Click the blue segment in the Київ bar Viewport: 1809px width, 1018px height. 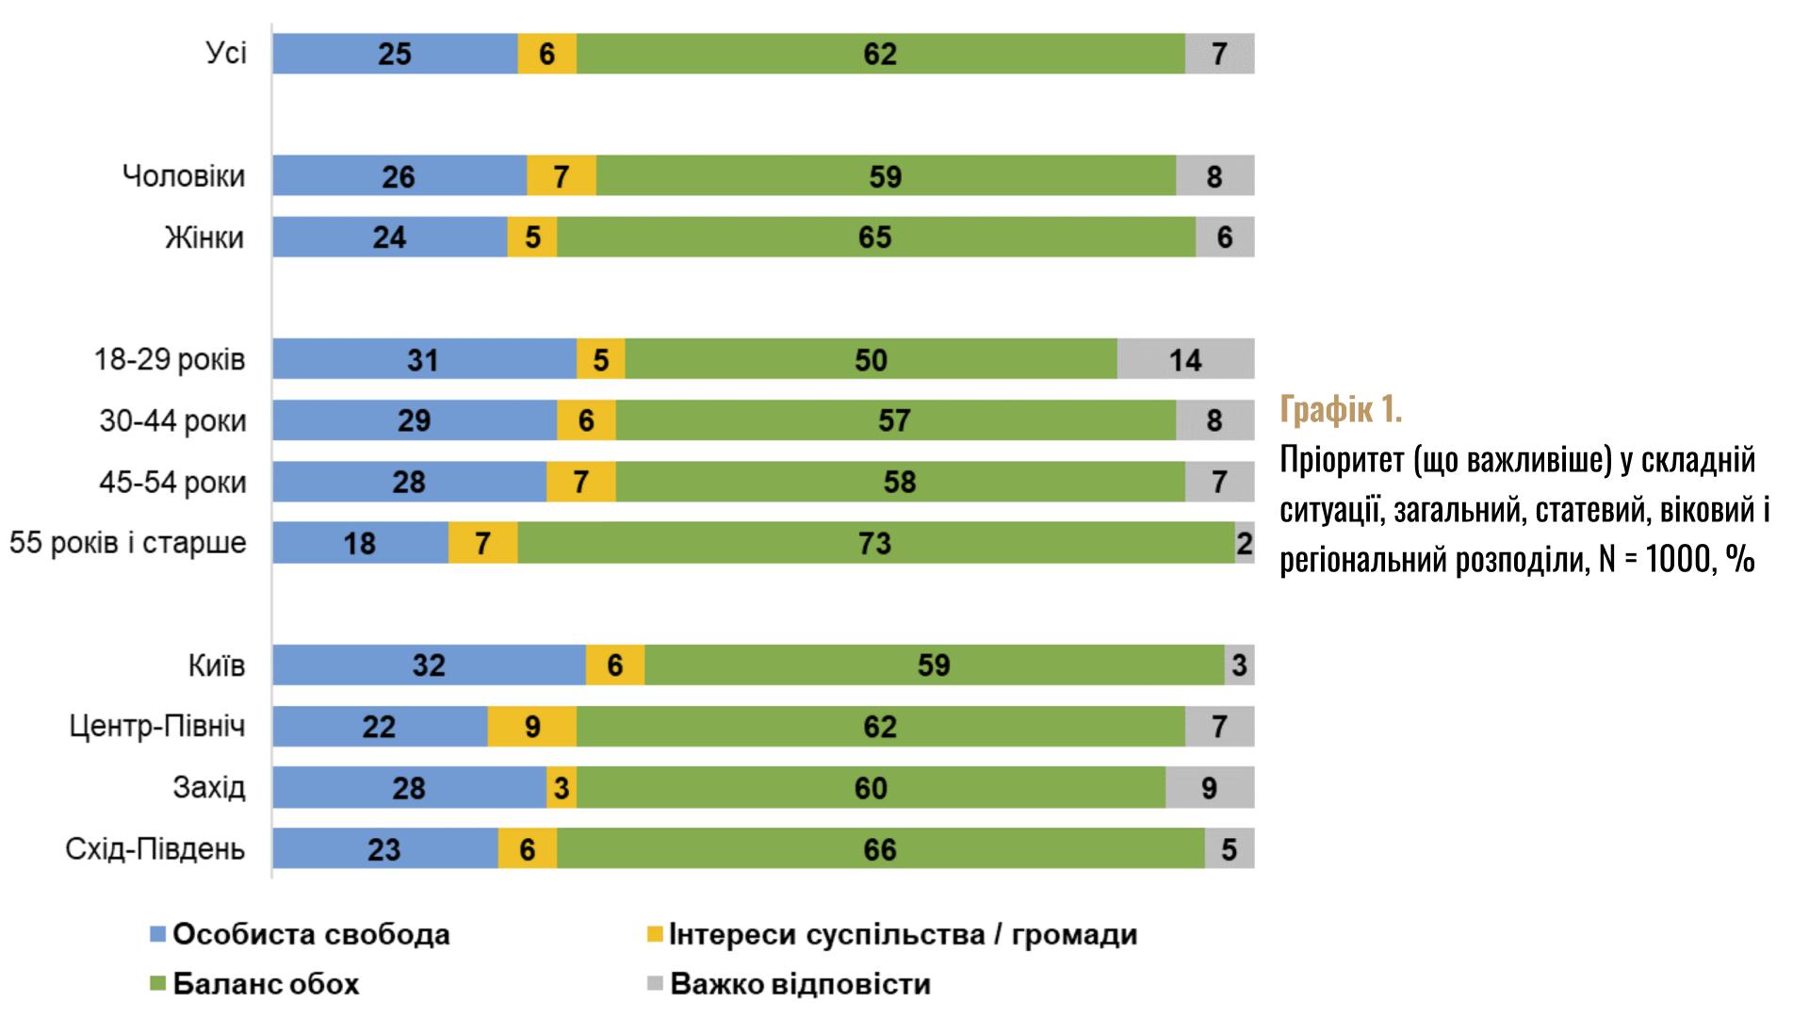pyautogui.click(x=429, y=665)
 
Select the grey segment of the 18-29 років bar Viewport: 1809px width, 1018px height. pyautogui.click(x=1185, y=359)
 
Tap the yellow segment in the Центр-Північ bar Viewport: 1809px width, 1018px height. pyautogui.click(x=531, y=727)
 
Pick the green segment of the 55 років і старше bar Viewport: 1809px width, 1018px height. pyautogui.click(x=875, y=543)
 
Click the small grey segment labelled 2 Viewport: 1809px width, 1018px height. pyautogui.click(x=1245, y=543)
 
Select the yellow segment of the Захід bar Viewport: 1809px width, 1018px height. pyautogui.click(x=562, y=788)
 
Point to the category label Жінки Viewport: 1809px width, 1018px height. pyautogui.click(x=204, y=237)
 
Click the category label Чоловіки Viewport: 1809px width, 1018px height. pyautogui.click(x=184, y=176)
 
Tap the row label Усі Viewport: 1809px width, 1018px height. pyautogui.click(x=226, y=53)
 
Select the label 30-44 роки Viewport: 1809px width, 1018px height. pyautogui.click(x=172, y=420)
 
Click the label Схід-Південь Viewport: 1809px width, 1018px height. pyautogui.click(x=155, y=849)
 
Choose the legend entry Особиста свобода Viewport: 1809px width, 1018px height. pyautogui.click(x=311, y=934)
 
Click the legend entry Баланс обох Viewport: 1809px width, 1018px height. pyautogui.click(x=266, y=984)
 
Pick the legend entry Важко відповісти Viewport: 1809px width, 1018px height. pyautogui.click(x=800, y=984)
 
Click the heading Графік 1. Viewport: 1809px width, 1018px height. pyautogui.click(x=1341, y=410)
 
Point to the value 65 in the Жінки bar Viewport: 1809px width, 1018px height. pyautogui.click(x=874, y=237)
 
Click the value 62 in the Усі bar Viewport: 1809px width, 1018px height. pyautogui.click(x=880, y=54)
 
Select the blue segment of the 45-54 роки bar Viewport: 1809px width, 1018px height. pyautogui.click(x=409, y=482)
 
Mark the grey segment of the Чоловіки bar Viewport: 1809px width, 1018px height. pyautogui.click(x=1214, y=176)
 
